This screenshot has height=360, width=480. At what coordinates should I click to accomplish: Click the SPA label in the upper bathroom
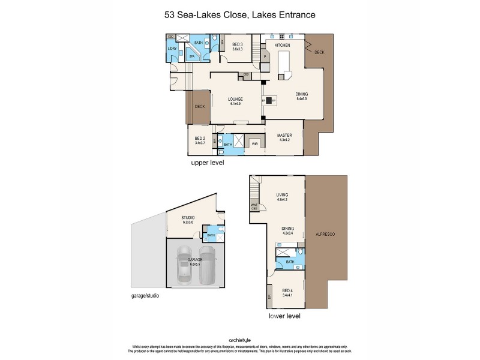click(192, 56)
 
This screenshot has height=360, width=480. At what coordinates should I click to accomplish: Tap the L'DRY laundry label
click(172, 48)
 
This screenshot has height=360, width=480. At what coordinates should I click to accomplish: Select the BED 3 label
click(238, 44)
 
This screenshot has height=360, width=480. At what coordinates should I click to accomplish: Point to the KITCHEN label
click(283, 46)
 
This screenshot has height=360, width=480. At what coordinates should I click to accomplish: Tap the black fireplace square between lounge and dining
click(269, 101)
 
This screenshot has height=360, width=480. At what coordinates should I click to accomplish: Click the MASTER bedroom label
click(284, 136)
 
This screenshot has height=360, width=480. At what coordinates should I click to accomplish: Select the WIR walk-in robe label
click(254, 145)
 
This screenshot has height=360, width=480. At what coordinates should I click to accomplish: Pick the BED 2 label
click(200, 139)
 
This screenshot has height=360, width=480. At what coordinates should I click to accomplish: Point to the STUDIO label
click(190, 218)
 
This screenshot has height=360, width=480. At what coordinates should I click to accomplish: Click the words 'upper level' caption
click(207, 163)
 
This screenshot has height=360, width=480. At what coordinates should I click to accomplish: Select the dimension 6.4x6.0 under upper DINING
click(301, 98)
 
